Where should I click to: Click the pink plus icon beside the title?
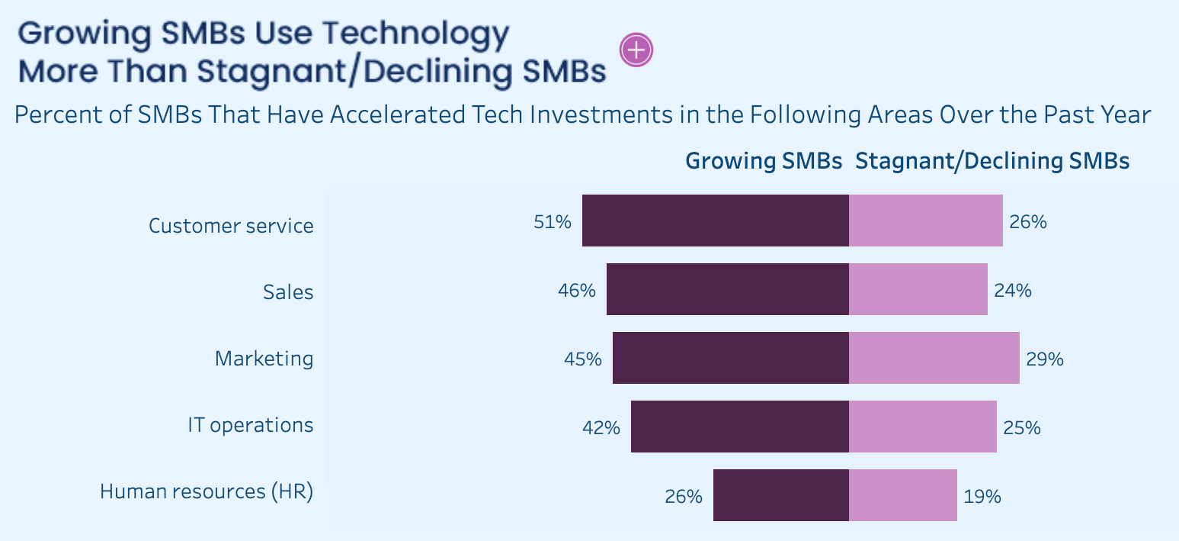[636, 50]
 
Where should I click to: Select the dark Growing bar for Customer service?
[715, 221]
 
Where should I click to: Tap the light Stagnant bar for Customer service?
[925, 221]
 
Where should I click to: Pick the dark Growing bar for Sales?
[727, 289]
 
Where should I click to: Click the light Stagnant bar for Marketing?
[934, 358]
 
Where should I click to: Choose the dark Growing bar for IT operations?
[739, 427]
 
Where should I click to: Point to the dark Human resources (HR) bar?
[780, 495]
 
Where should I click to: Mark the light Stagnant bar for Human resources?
[902, 495]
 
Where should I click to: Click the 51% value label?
[553, 222]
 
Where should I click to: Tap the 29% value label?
[1045, 359]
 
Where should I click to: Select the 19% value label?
[982, 497]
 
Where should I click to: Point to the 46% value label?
[576, 291]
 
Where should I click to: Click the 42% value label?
[601, 428]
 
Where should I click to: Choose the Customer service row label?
[231, 226]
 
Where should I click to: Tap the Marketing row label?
[264, 359]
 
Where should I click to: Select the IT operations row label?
[250, 425]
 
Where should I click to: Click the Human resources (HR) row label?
[207, 491]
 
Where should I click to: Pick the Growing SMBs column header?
[764, 161]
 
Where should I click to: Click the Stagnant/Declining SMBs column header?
[992, 161]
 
